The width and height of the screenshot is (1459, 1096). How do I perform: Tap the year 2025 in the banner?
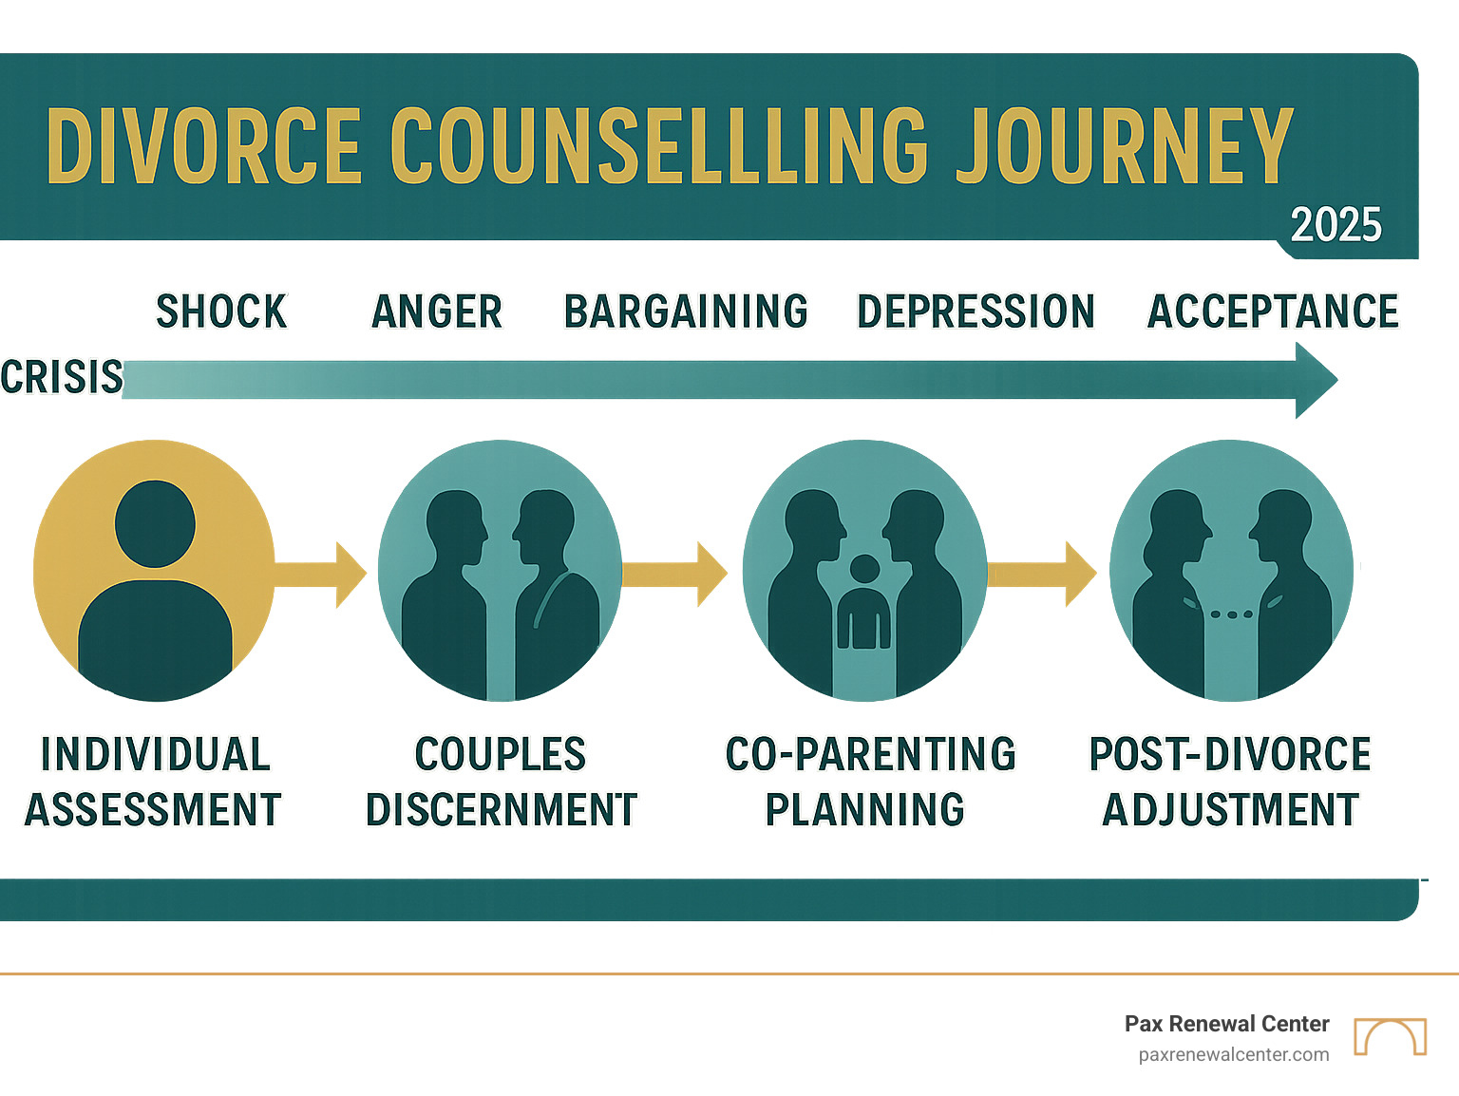click(x=1336, y=225)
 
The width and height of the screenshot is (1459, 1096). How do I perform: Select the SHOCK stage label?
click(x=221, y=312)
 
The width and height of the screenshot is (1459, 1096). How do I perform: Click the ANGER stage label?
click(x=437, y=312)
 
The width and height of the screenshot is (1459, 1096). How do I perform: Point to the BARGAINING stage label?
click(x=686, y=312)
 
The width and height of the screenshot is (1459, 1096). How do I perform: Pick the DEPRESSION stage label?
click(x=976, y=312)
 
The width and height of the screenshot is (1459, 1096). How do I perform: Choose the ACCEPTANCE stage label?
click(x=1273, y=312)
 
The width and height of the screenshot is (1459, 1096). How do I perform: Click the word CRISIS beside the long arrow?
click(x=62, y=377)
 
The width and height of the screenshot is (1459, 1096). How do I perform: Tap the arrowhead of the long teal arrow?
click(x=1316, y=380)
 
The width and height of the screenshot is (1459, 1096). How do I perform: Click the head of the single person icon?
click(x=155, y=523)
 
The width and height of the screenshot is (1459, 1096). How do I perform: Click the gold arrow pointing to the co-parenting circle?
click(x=675, y=574)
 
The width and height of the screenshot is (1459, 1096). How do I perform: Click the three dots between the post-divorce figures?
click(x=1232, y=614)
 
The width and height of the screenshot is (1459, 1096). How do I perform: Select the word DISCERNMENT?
click(x=502, y=810)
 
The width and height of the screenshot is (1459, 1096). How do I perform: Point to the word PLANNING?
click(x=865, y=810)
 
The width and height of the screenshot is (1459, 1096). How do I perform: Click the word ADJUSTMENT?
click(x=1231, y=810)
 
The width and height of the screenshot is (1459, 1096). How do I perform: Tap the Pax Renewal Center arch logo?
click(x=1390, y=1036)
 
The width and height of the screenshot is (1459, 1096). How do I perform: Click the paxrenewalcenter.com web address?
click(x=1234, y=1054)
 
